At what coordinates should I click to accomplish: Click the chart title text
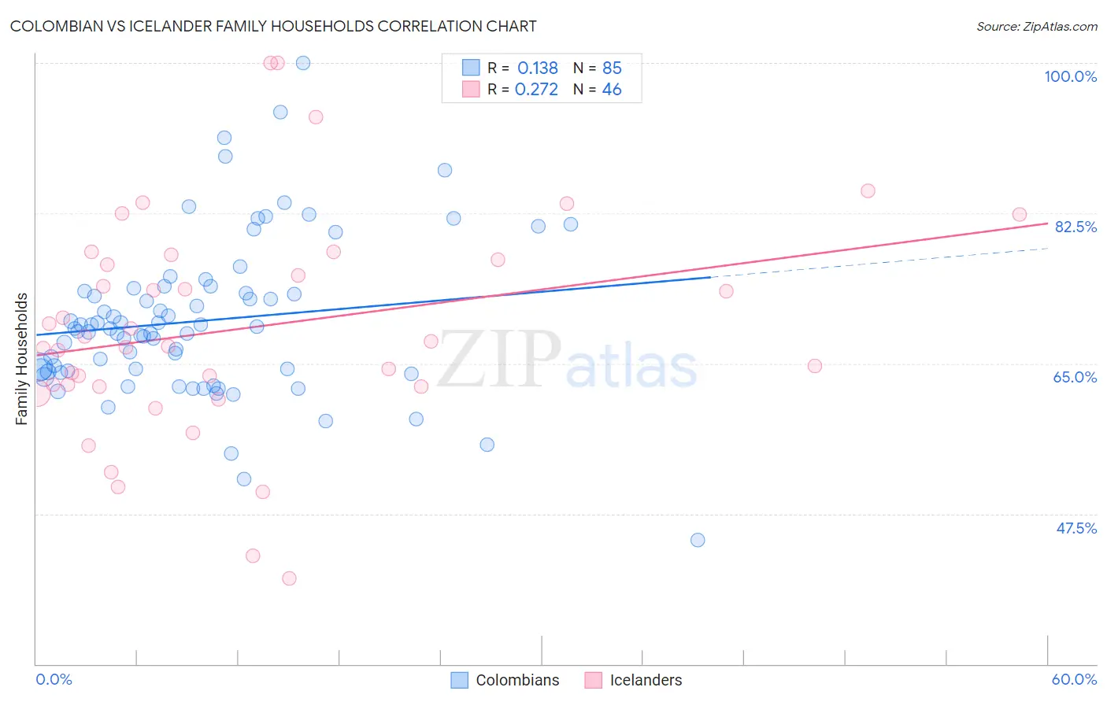click(x=273, y=26)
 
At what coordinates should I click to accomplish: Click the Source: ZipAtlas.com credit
click(x=1036, y=26)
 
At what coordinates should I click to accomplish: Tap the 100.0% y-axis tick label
click(x=1070, y=76)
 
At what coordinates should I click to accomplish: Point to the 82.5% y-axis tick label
click(x=1075, y=227)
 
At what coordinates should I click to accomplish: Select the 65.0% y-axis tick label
click(x=1075, y=377)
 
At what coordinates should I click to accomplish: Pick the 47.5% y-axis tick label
click(x=1076, y=528)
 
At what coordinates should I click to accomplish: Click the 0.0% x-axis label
click(x=54, y=679)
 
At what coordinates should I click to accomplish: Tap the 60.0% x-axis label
click(x=1074, y=679)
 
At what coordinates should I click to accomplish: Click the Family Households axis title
click(x=22, y=359)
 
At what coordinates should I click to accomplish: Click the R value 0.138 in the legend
click(x=537, y=68)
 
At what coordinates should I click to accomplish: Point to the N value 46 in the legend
click(x=612, y=90)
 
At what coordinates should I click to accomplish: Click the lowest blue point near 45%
click(x=698, y=540)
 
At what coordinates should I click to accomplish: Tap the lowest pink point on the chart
click(x=289, y=578)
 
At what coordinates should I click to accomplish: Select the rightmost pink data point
click(x=1019, y=215)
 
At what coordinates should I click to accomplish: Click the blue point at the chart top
click(x=303, y=63)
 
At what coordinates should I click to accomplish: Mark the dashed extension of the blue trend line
click(x=882, y=262)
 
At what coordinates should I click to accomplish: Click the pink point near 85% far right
click(x=868, y=190)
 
